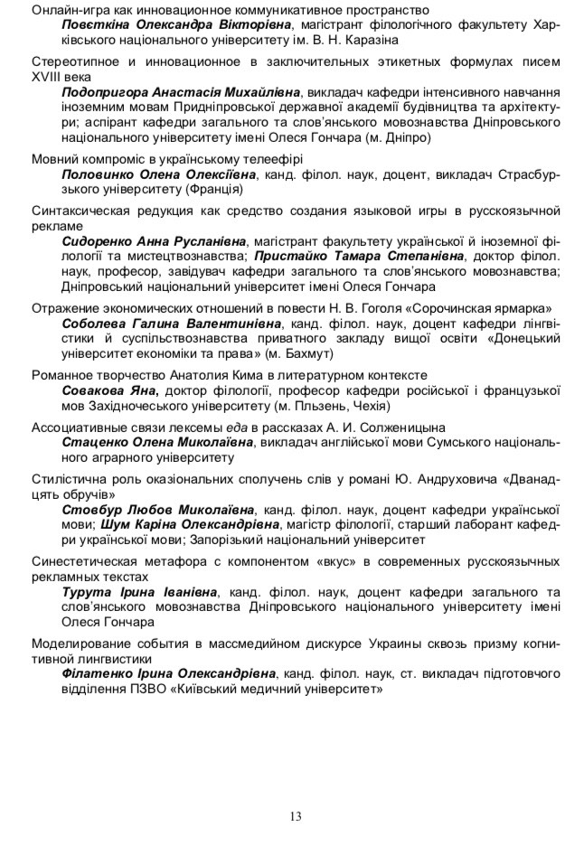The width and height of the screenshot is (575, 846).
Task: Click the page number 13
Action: point(296,817)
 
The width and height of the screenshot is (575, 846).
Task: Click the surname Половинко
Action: point(100,174)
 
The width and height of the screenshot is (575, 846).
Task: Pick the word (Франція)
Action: point(215,190)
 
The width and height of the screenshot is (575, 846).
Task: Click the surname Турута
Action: point(88,592)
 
